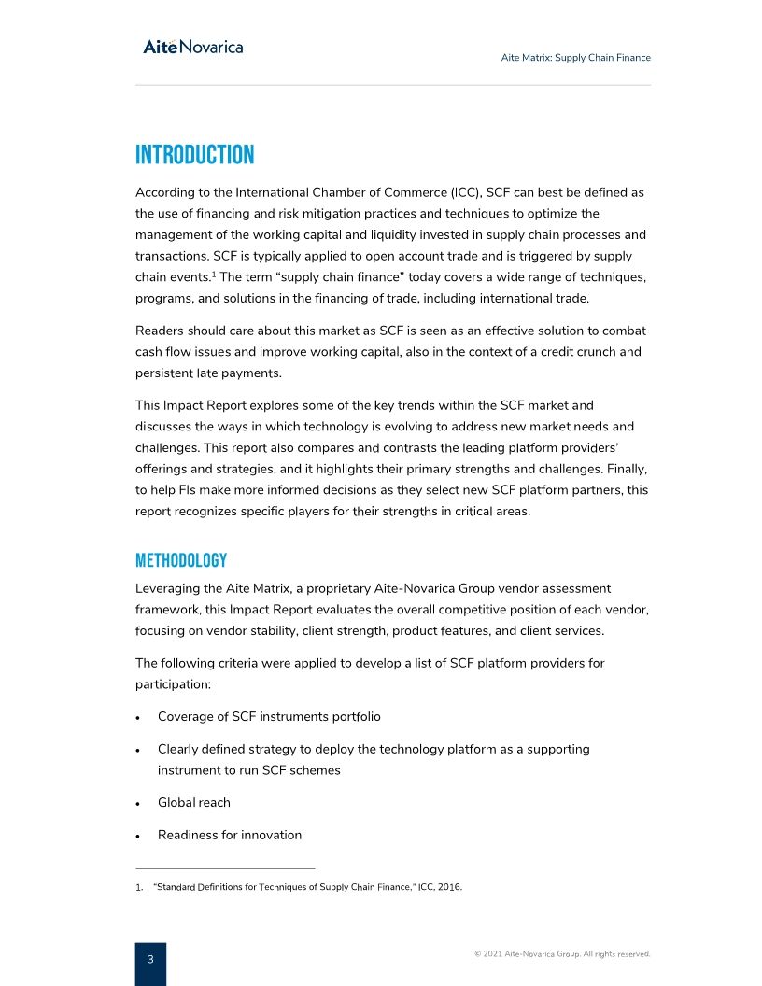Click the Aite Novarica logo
192,47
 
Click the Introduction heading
194,155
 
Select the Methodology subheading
181,560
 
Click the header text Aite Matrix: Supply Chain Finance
575,58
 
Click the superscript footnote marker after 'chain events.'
214,274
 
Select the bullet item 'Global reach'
193,803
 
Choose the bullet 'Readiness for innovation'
229,835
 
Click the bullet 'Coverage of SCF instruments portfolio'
268,717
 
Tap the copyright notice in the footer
561,954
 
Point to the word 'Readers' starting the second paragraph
160,331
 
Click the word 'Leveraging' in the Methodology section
168,589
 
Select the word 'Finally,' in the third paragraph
625,469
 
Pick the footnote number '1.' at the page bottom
139,888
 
